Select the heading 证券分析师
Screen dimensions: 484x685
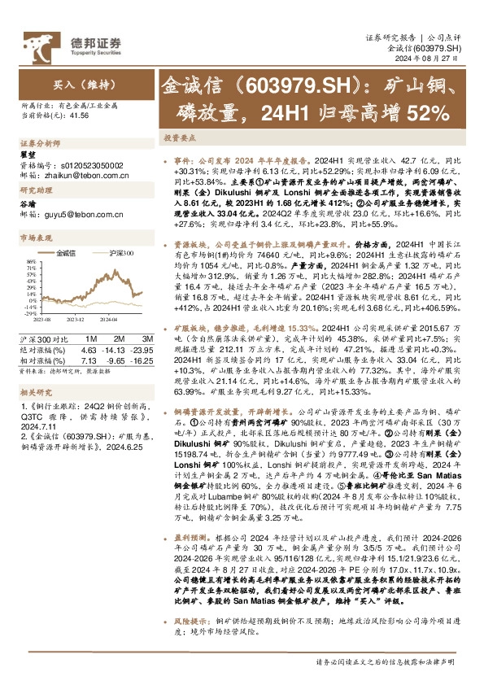click(40, 142)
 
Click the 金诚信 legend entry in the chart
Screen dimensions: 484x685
click(75, 254)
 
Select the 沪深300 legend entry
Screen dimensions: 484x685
click(120, 254)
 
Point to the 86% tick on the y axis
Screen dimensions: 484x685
click(31, 262)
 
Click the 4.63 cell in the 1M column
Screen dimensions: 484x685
click(89, 348)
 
